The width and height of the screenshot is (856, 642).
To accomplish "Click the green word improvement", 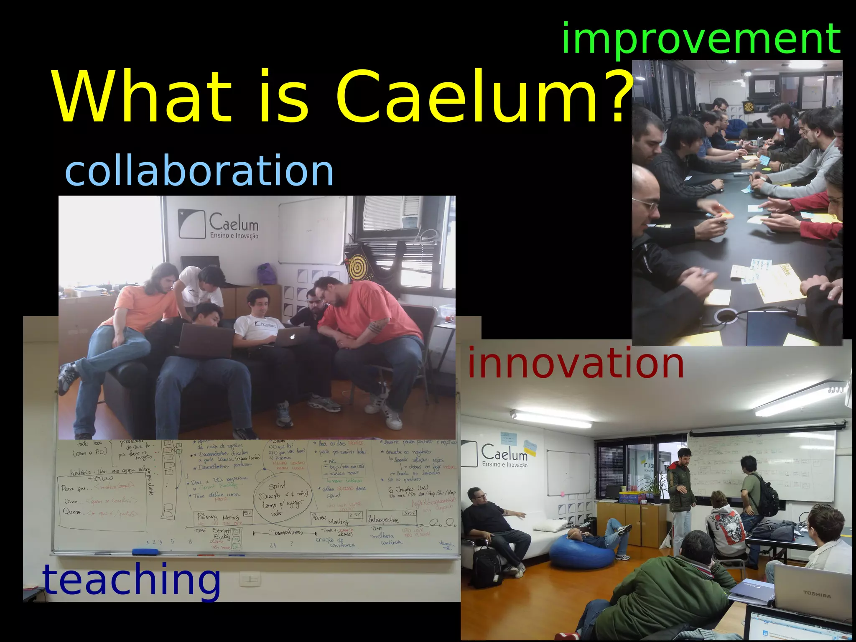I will coord(701,38).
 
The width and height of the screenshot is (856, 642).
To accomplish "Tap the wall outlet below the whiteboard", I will coord(250,579).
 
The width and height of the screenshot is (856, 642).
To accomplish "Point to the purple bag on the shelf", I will coord(267,274).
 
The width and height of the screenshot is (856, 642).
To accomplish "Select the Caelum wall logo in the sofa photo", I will coord(219,224).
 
